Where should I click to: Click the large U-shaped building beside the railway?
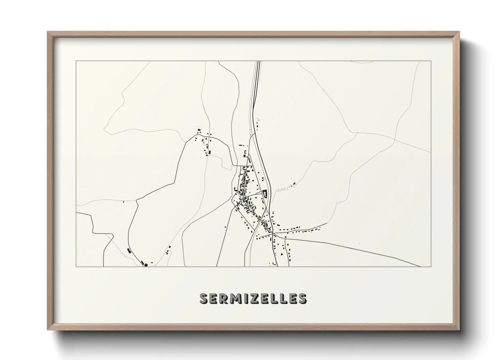point(265,196)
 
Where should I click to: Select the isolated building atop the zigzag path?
point(294,184)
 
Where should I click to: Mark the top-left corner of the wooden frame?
point(48,32)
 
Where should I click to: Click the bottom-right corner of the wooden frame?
point(459,330)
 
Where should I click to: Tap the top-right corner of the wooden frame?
point(459,32)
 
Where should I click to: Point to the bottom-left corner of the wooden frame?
point(48,330)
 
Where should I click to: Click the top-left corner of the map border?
point(76,61)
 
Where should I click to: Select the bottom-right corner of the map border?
point(431,266)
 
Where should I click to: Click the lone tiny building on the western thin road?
point(123,202)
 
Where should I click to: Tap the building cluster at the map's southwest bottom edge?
point(145,264)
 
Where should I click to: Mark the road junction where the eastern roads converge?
point(273,234)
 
